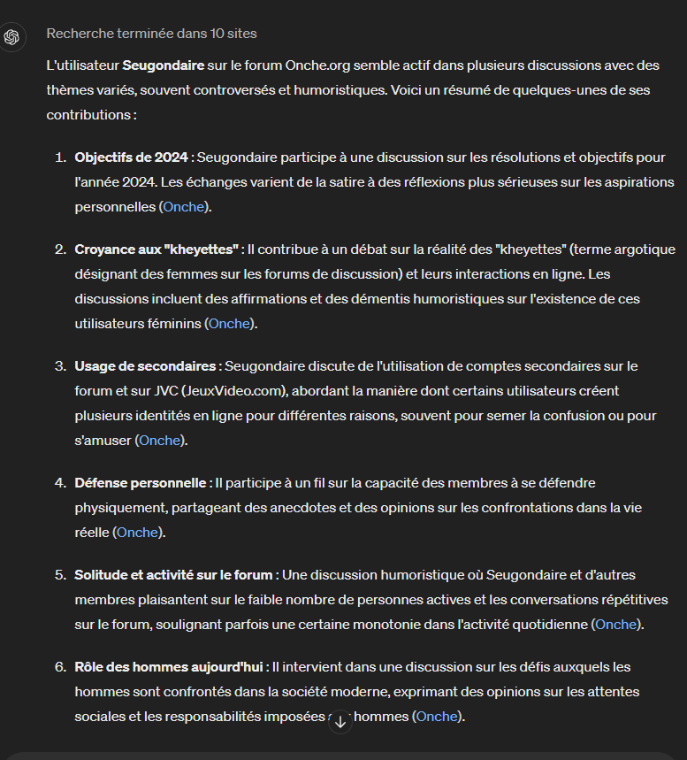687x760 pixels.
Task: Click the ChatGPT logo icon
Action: coord(11,37)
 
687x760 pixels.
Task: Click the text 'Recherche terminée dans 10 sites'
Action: coord(151,35)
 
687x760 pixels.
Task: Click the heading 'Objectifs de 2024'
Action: coord(131,157)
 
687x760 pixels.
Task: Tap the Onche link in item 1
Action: coord(184,207)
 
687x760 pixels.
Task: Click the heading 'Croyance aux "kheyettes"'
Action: coord(156,249)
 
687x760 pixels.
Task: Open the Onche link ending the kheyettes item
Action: coord(230,324)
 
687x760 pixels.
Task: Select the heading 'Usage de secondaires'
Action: coord(145,366)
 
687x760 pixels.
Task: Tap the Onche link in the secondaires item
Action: coord(160,441)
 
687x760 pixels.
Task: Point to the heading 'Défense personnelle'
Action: coord(141,483)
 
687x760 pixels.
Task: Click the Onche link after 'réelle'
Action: coord(138,533)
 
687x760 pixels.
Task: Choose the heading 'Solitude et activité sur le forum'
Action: coord(173,575)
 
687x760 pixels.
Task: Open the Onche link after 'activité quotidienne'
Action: coord(616,625)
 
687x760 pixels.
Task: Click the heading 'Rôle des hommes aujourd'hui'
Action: coord(168,667)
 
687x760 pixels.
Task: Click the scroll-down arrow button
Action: coord(340,722)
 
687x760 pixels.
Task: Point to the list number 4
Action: coord(60,483)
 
